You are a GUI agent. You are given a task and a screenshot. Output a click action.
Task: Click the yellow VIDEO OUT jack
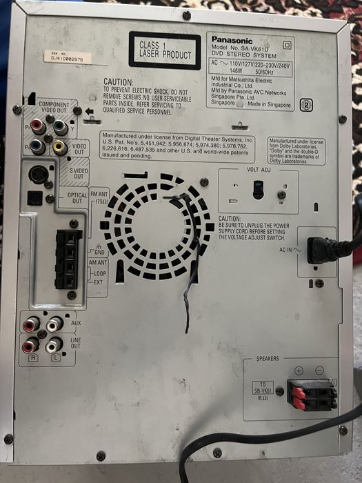(x=60, y=146)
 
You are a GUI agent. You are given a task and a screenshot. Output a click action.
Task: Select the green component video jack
(x=61, y=128)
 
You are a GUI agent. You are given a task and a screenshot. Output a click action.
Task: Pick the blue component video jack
(x=37, y=146)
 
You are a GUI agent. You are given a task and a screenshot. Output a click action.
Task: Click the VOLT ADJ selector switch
(x=258, y=189)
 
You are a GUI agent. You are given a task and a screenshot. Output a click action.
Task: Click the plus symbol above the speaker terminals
(x=299, y=371)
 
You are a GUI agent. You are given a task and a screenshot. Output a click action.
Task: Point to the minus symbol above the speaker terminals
(x=319, y=371)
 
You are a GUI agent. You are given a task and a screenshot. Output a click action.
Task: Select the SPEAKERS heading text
(x=268, y=359)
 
